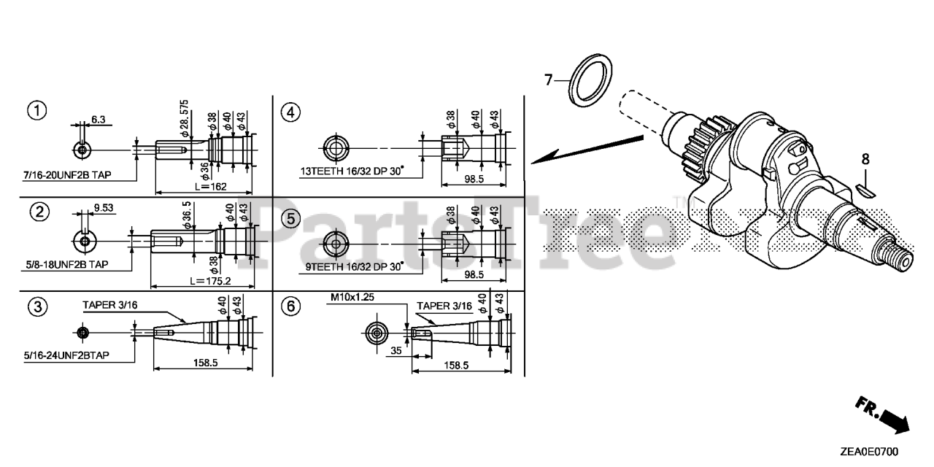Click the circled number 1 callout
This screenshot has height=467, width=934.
[x=37, y=111]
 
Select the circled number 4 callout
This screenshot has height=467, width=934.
[x=290, y=112]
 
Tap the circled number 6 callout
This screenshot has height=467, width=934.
[x=290, y=306]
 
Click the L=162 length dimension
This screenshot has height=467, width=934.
[x=211, y=186]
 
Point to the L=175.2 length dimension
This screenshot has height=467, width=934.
[x=211, y=281]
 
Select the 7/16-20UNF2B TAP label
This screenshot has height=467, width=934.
[x=68, y=175]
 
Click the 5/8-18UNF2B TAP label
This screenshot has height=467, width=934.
[x=67, y=264]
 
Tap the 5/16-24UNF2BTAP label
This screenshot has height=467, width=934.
[x=66, y=355]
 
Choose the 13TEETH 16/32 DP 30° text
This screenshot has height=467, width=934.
[x=352, y=171]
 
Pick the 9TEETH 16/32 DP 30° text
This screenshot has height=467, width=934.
[x=355, y=266]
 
